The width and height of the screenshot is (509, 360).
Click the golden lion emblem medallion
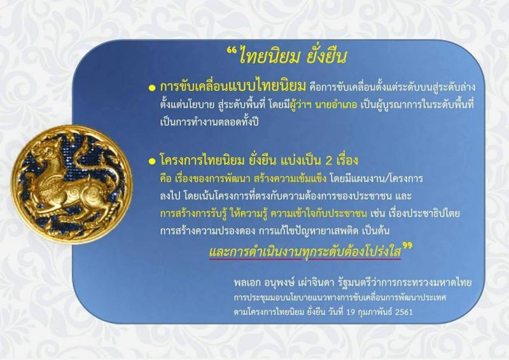coord(72,184)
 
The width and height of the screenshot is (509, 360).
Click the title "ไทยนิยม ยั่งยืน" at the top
coord(292,56)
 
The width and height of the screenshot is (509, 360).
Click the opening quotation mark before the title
coord(231,52)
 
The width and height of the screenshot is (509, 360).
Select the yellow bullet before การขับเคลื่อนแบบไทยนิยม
coord(152,88)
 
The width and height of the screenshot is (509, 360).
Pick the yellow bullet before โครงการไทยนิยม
coord(152,162)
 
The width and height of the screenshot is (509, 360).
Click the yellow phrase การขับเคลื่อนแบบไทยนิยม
coord(233,87)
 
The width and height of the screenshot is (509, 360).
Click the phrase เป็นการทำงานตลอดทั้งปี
coord(209,122)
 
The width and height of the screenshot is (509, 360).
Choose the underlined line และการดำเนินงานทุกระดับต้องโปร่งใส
coord(305,251)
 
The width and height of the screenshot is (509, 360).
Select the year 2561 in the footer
coord(404,312)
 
